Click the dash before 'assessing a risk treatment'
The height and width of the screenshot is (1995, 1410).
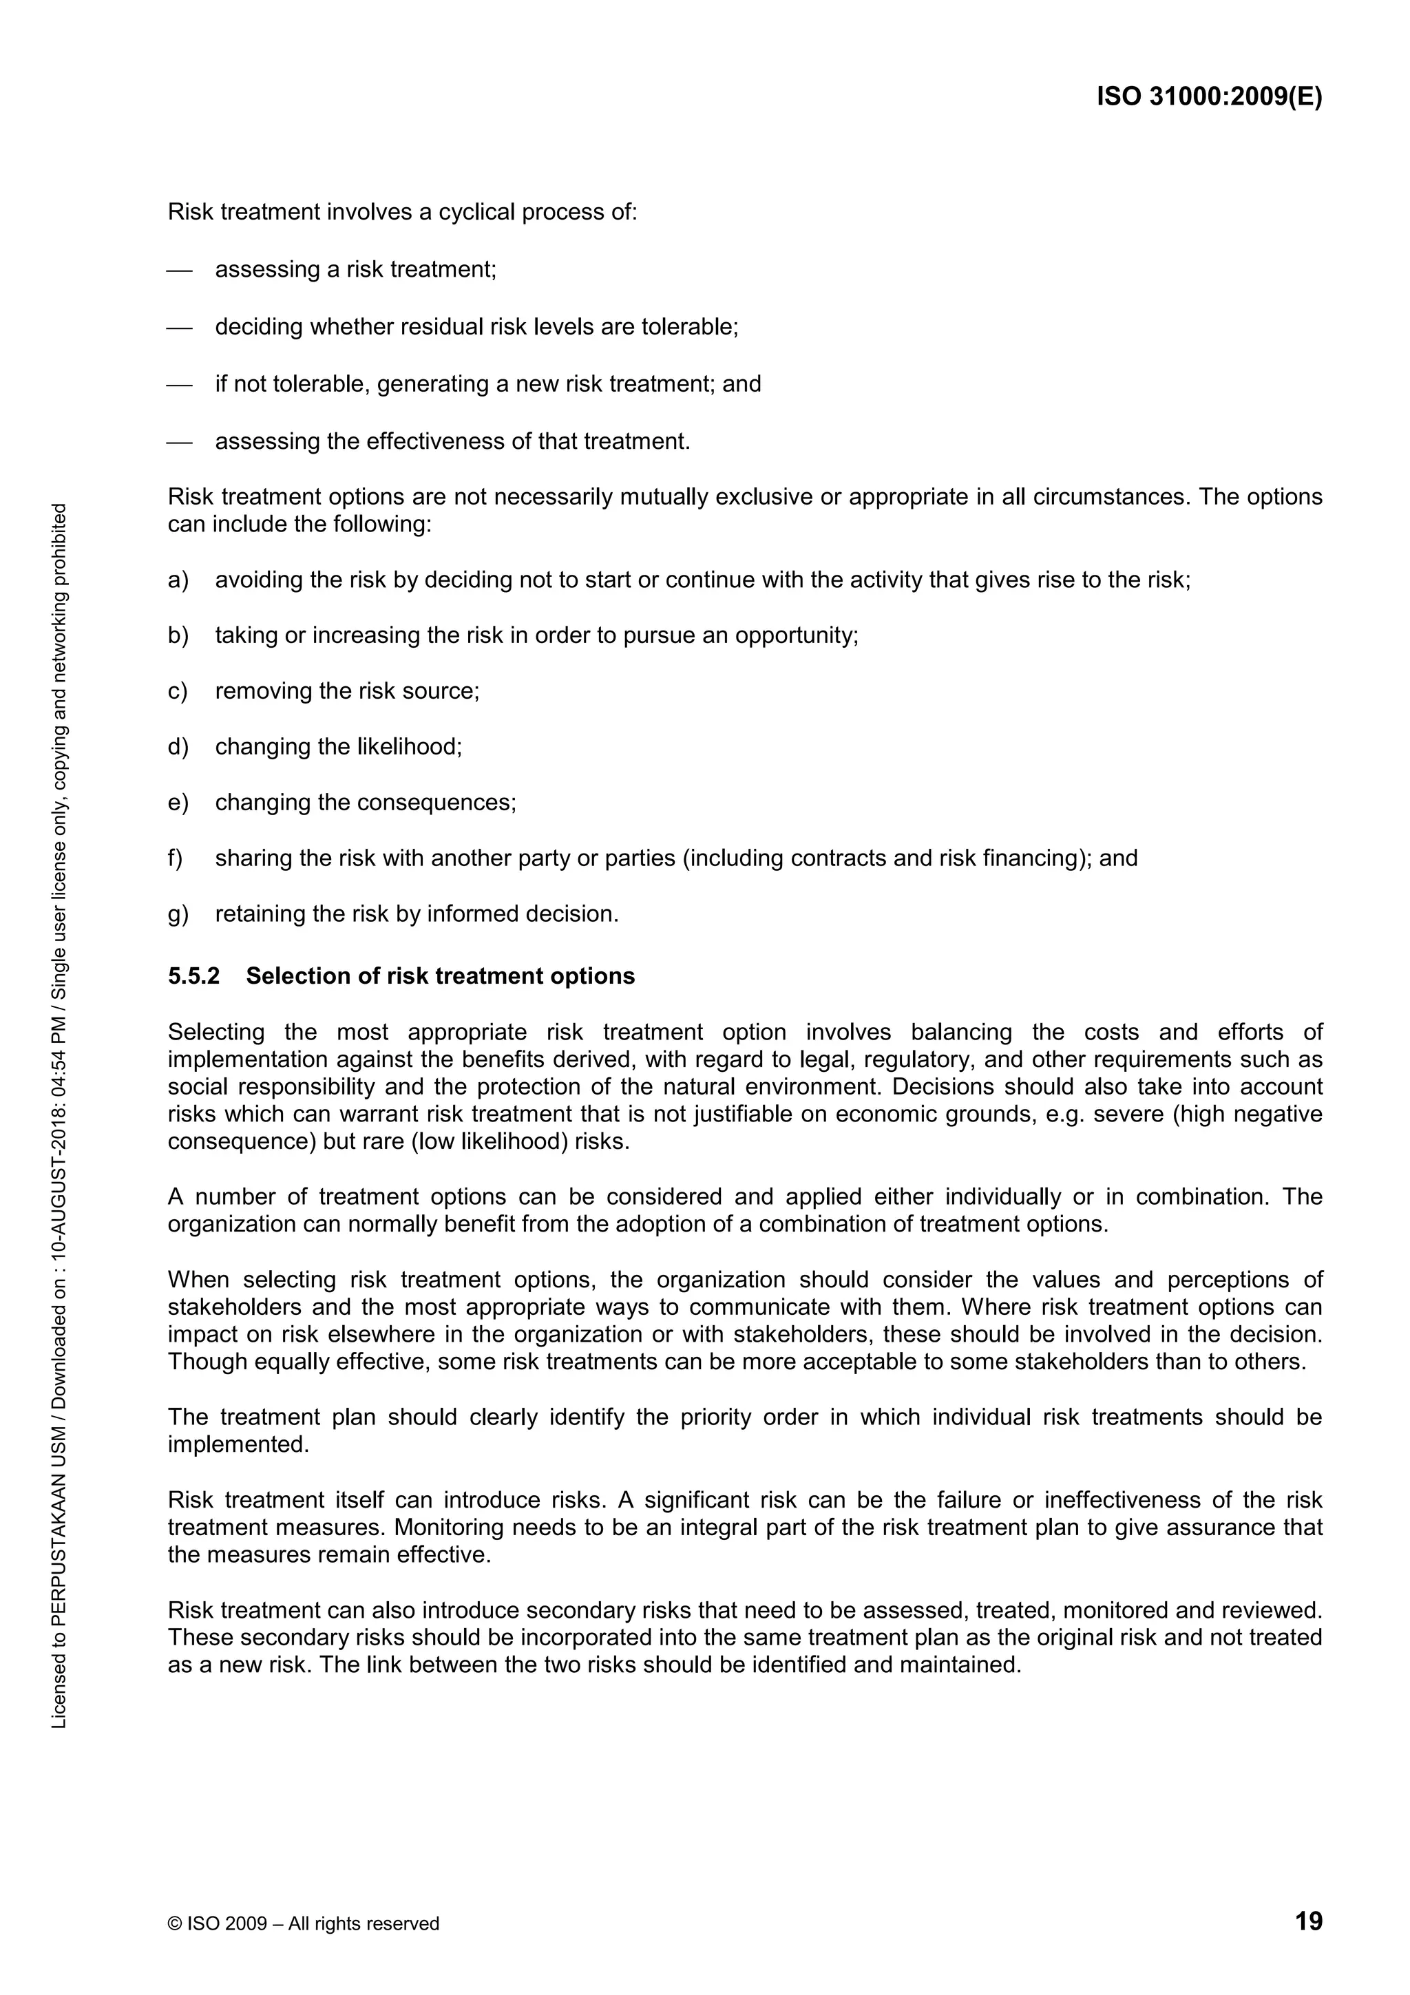pos(179,271)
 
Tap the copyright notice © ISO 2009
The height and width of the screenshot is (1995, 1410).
pos(303,1923)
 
